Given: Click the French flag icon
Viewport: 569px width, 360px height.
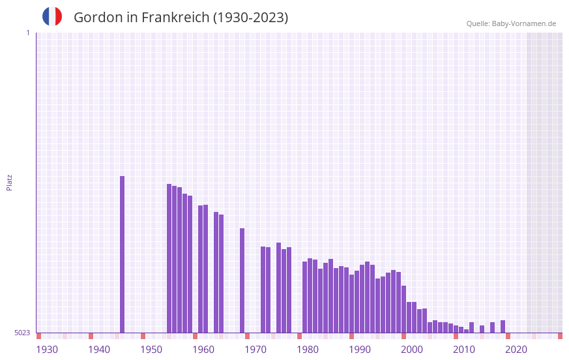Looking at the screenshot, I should click(52, 16).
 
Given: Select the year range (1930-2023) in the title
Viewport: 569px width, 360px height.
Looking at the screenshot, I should click(251, 18).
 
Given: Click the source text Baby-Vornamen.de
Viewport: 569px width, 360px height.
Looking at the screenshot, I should click(524, 23).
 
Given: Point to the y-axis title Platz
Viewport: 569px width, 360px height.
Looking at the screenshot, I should click(9, 182).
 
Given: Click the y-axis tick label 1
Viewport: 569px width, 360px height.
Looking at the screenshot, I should click(27, 33).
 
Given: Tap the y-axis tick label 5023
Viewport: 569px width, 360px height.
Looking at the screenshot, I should click(22, 333).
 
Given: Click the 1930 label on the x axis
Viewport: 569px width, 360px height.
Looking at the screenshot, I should click(47, 350).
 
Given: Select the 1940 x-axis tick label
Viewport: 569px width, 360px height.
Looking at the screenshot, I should click(99, 350).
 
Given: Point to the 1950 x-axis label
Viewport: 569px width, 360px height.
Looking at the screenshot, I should click(151, 350).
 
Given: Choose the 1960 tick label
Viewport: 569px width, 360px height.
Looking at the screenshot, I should click(203, 350).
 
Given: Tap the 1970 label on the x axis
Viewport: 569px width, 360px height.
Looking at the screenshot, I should click(255, 350).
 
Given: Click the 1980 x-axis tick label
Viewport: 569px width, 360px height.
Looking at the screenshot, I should click(308, 350).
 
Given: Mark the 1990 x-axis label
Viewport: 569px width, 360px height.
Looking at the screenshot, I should click(360, 350).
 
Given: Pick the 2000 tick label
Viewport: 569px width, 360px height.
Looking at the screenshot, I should click(412, 350).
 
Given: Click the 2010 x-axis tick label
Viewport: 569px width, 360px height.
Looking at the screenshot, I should click(464, 350).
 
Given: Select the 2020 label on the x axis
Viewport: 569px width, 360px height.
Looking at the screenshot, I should click(516, 350).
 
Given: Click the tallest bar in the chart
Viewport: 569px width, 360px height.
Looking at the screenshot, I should click(122, 254).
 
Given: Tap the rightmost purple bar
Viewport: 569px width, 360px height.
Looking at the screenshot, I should click(503, 327).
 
